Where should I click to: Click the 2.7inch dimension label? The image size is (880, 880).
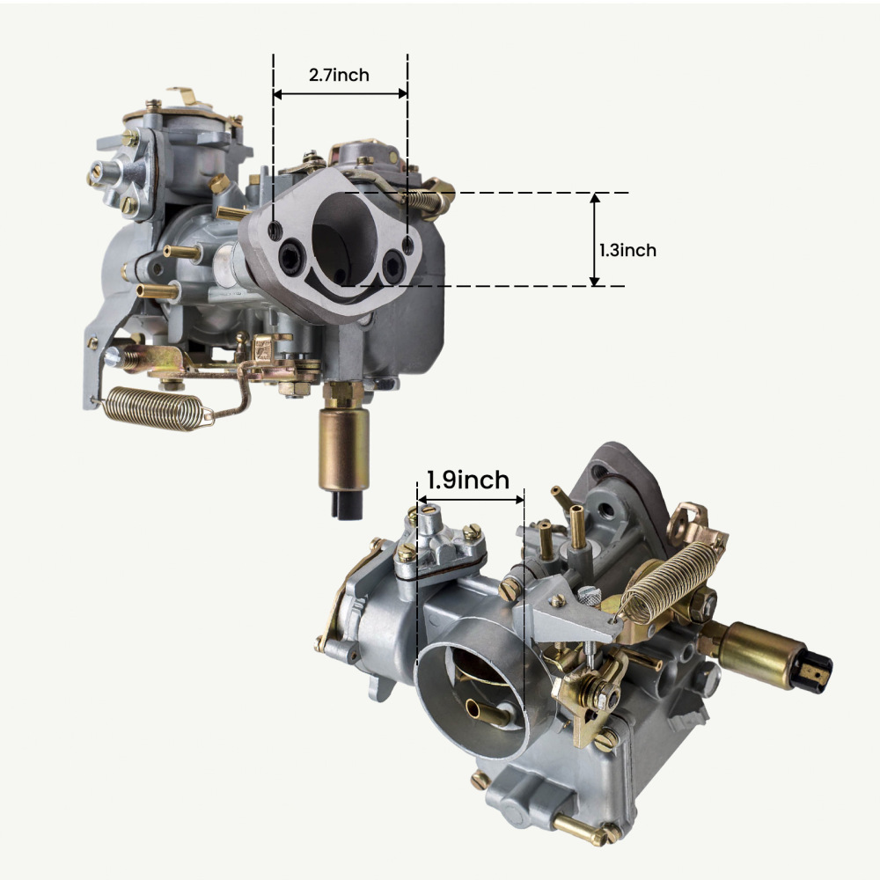tap(339, 75)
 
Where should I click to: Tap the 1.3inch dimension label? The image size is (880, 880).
tap(627, 250)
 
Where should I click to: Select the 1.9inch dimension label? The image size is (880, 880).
tap(467, 480)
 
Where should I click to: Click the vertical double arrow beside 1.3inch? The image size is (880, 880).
tap(595, 239)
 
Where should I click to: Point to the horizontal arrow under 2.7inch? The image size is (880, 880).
tap(340, 93)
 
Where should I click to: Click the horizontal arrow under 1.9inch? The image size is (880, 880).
tap(471, 500)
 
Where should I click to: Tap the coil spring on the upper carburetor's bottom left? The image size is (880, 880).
tap(154, 407)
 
